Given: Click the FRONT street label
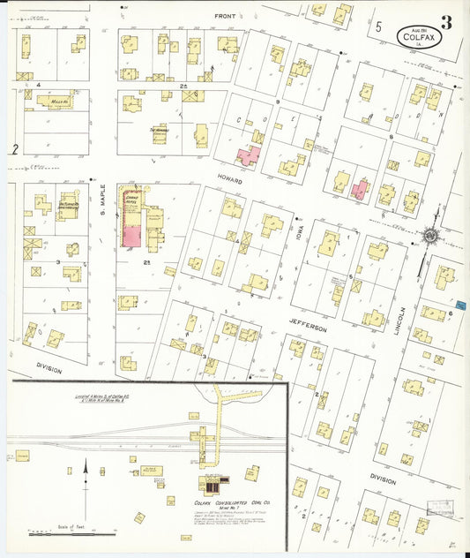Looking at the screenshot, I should point(227,16).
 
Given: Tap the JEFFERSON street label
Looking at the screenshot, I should point(309,327).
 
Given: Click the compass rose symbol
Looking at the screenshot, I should point(429,237).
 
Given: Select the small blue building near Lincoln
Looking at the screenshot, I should point(459,305).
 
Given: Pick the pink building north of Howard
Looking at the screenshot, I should point(247,156).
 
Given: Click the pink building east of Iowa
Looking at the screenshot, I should point(359,189).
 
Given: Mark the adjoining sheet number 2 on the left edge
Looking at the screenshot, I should point(15,149).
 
